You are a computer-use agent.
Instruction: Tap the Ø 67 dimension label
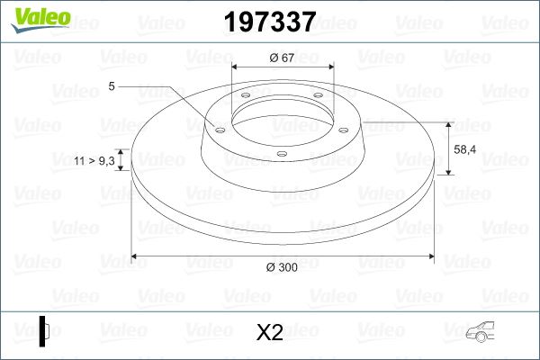point(283,58)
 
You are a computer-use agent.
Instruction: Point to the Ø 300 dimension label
point(283,268)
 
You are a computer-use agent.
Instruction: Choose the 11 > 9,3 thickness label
point(95,160)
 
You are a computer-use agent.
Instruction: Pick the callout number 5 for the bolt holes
point(111,86)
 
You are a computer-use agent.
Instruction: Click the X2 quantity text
point(269,333)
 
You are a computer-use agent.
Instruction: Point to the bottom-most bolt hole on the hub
point(282,155)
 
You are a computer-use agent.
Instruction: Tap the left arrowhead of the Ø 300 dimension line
point(135,256)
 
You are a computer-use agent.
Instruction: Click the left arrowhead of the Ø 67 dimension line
point(236,67)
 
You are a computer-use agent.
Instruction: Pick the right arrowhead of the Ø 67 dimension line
point(330,67)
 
